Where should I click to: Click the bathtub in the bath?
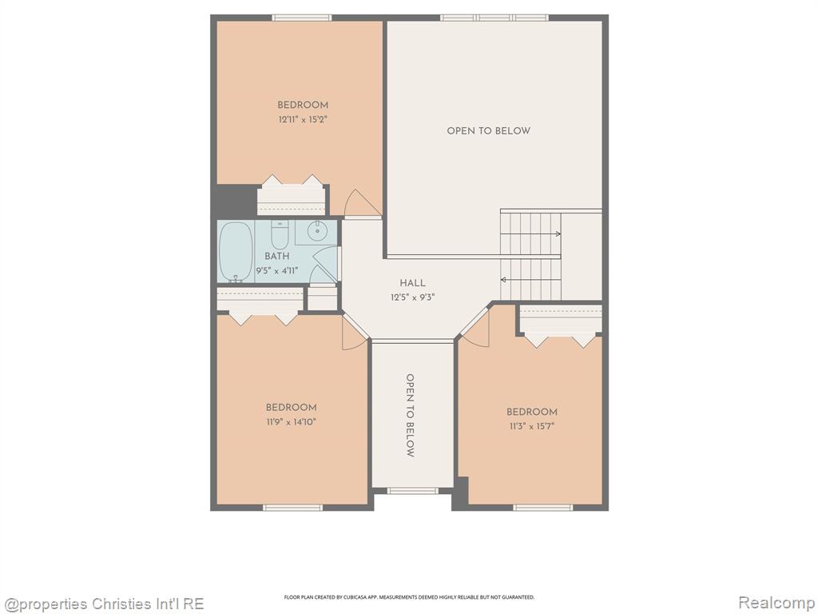(236, 252)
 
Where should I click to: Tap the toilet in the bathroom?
(280, 235)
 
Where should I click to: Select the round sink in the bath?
(316, 231)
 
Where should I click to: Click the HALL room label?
(413, 283)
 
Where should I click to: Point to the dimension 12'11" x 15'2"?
(303, 120)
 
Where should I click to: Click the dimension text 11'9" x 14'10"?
(291, 422)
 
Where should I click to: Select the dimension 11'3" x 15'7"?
(531, 426)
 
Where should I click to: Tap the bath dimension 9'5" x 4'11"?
(276, 270)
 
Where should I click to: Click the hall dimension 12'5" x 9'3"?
(413, 297)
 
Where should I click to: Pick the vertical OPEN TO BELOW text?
(411, 416)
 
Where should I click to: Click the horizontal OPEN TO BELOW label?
(488, 130)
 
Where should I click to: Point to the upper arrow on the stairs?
(531, 234)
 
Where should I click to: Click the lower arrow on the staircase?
(530, 280)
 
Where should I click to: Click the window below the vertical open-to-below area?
(413, 490)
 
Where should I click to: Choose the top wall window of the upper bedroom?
(301, 18)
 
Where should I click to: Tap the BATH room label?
(276, 256)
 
